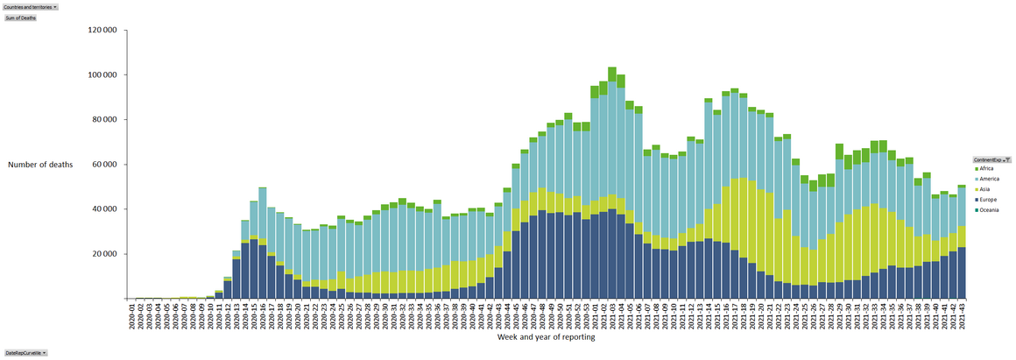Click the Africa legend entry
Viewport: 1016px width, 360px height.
[x=985, y=169]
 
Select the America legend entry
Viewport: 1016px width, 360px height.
[x=987, y=179]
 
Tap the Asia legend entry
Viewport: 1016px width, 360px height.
[x=984, y=189]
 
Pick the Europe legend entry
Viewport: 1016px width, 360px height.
[x=986, y=200]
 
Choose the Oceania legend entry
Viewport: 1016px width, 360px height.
[x=987, y=210]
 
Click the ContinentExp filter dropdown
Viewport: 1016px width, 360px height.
[x=991, y=160]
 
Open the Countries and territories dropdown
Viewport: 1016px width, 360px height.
[x=31, y=6]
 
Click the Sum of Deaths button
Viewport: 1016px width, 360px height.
[x=20, y=18]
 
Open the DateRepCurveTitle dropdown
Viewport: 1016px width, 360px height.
[x=25, y=352]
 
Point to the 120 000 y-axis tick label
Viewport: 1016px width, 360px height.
[x=103, y=30]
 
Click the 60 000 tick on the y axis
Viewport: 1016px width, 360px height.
[x=105, y=165]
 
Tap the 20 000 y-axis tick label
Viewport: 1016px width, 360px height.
[x=105, y=254]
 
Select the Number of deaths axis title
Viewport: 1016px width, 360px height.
[x=40, y=165]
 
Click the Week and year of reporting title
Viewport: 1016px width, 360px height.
[x=547, y=337]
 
